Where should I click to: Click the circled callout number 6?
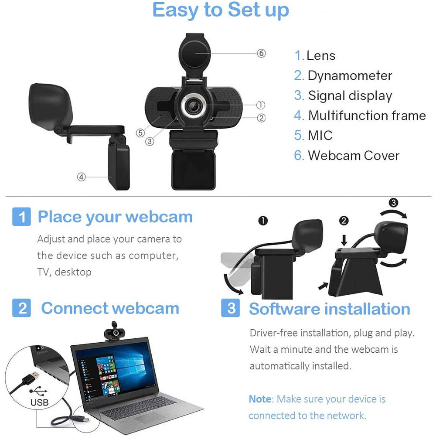[x=261, y=53]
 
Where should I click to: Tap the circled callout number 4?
[x=81, y=177]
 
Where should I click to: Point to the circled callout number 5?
[x=140, y=133]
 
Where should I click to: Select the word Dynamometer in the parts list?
[x=350, y=75]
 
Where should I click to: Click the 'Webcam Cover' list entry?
[x=354, y=155]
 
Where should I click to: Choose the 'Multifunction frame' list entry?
[x=367, y=116]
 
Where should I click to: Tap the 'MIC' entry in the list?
[x=320, y=135]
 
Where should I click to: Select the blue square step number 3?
[x=231, y=308]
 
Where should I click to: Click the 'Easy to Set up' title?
[x=221, y=10]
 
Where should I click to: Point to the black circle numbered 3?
[x=393, y=202]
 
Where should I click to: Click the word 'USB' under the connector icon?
[x=40, y=402]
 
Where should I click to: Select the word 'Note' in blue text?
[x=260, y=399]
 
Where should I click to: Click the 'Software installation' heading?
[x=329, y=309]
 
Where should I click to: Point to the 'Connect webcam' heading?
[x=110, y=308]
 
